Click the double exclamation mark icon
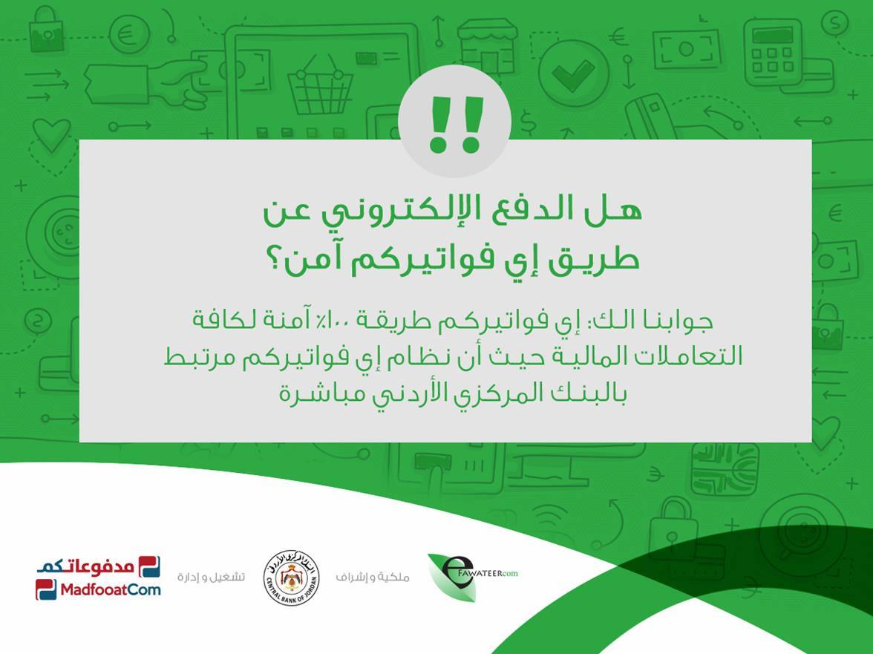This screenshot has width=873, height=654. (455, 124)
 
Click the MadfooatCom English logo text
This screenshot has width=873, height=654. (110, 589)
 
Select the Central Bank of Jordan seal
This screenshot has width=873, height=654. (291, 578)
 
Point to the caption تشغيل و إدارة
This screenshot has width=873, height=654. (211, 577)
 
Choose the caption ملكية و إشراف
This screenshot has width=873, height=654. (372, 578)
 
